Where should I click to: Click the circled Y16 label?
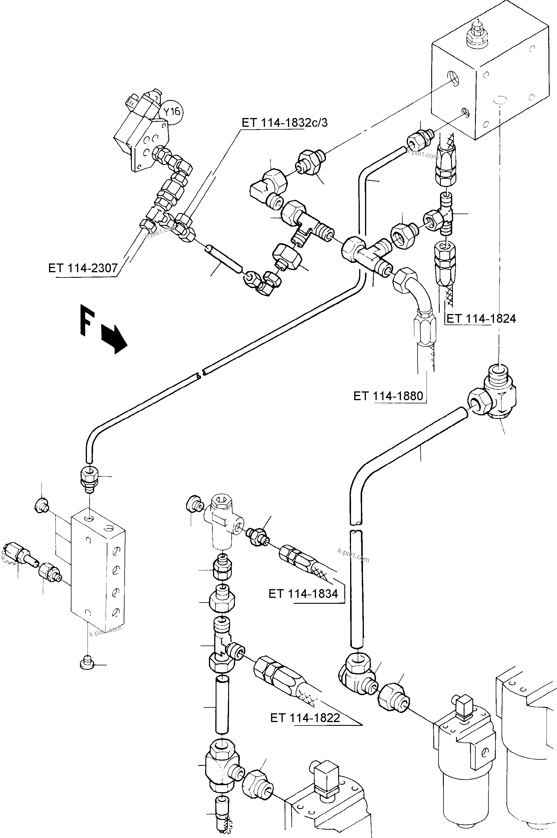click(x=172, y=112)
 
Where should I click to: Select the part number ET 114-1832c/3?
click(x=284, y=123)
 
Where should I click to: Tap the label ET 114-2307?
click(x=83, y=268)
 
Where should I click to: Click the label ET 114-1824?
click(x=481, y=319)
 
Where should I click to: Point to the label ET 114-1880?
click(x=388, y=396)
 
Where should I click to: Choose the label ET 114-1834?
click(x=303, y=594)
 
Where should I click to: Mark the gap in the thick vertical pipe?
click(x=356, y=526)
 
